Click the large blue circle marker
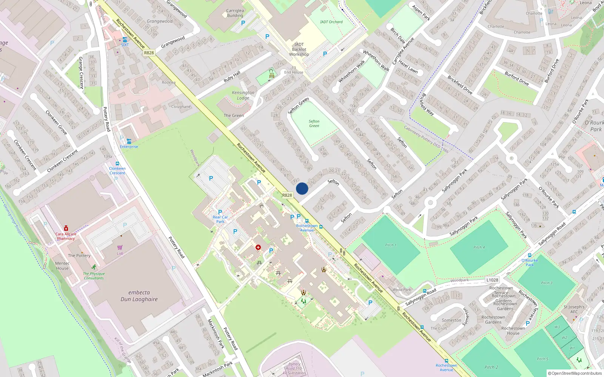pyautogui.click(x=302, y=188)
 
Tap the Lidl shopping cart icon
pyautogui.click(x=120, y=248)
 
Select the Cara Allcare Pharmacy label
pyautogui.click(x=66, y=236)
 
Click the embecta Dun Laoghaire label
pyautogui.click(x=139, y=296)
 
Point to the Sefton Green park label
pyautogui.click(x=314, y=123)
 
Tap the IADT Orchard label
pyautogui.click(x=331, y=22)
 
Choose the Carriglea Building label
pyautogui.click(x=235, y=13)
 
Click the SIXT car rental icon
pyautogui.click(x=125, y=40)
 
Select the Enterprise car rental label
pyautogui.click(x=129, y=147)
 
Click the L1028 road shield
pyautogui.click(x=492, y=280)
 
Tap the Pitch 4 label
pyautogui.click(x=479, y=247)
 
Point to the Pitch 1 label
pyautogui.click(x=391, y=245)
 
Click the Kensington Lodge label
pyautogui.click(x=243, y=95)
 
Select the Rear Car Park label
pyautogui.click(x=220, y=219)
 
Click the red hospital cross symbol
pyautogui.click(x=258, y=247)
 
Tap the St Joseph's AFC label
pyautogui.click(x=574, y=309)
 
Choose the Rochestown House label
pyautogui.click(x=513, y=331)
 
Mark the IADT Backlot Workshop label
pyautogui.click(x=299, y=49)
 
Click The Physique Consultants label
pyautogui.click(x=94, y=276)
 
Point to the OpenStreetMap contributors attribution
pyautogui.click(x=575, y=373)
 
